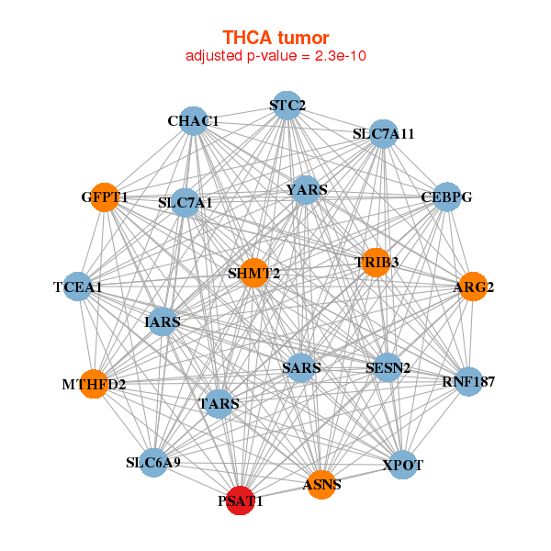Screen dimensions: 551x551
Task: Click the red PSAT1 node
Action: pyautogui.click(x=241, y=500)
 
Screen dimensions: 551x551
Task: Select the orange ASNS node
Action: pyautogui.click(x=320, y=484)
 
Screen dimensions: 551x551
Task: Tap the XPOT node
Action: pyautogui.click(x=402, y=465)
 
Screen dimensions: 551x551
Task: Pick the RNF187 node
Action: pyautogui.click(x=468, y=381)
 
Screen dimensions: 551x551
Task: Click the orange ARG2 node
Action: pyautogui.click(x=473, y=287)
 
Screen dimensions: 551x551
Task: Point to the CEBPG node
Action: pyautogui.click(x=445, y=197)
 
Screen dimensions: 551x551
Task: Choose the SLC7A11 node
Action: pyautogui.click(x=384, y=133)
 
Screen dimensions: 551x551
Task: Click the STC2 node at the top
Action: pyautogui.click(x=287, y=106)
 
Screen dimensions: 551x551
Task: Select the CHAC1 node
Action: pyautogui.click(x=193, y=120)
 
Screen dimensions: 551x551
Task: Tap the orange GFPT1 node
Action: pyautogui.click(x=105, y=197)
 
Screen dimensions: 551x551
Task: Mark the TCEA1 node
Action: pyautogui.click(x=78, y=287)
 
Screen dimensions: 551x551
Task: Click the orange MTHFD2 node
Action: pyautogui.click(x=94, y=384)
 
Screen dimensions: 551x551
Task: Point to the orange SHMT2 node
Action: pyautogui.click(x=254, y=273)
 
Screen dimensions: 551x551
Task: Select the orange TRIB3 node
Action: pyautogui.click(x=377, y=263)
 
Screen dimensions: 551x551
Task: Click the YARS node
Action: pyautogui.click(x=306, y=190)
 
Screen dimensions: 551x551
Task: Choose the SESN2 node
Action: pyautogui.click(x=388, y=368)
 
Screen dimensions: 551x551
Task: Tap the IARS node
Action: pyautogui.click(x=163, y=321)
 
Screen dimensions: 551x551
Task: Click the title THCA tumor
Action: pyautogui.click(x=275, y=38)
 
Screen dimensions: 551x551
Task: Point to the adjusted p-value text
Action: pyautogui.click(x=276, y=56)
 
